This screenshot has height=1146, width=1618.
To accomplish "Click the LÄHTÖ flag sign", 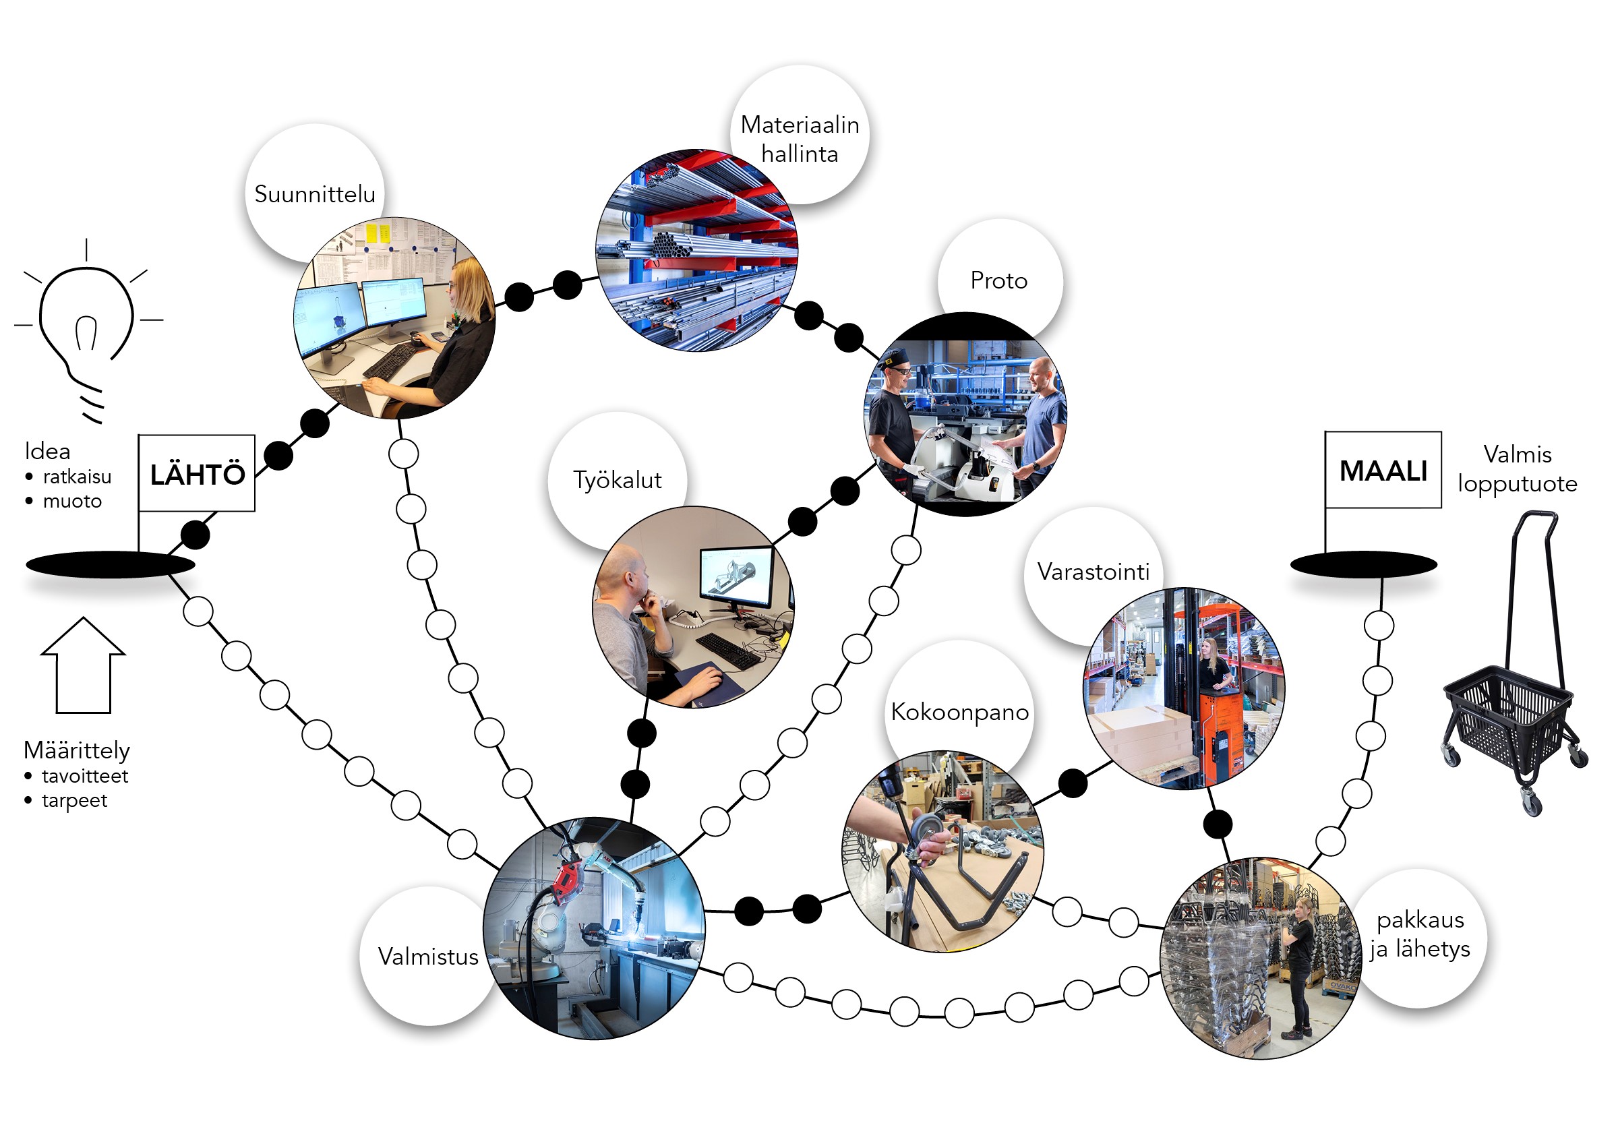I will pos(197,473).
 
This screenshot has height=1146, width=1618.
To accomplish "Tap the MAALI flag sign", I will pos(1383,471).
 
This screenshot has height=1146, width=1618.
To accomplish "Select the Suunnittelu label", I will pos(315,194).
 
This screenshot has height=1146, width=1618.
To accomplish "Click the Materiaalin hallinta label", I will pos(800,138).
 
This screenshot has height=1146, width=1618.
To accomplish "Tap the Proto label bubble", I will pos(998,280).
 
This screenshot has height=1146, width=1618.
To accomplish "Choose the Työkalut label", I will pos(618,480).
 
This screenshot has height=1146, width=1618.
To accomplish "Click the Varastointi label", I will pos(1093,571).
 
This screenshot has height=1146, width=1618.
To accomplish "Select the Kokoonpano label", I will pos(959,711).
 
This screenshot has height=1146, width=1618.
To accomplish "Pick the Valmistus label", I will pos(427,956).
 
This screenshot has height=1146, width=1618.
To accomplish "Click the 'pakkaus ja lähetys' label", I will pos(1420,934).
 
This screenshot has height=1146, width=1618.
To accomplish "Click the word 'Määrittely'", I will pos(77,750).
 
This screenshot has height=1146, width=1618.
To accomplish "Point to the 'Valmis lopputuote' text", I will pos(1517,469).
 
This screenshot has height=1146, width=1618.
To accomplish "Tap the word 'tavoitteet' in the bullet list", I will pos(85,776).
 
